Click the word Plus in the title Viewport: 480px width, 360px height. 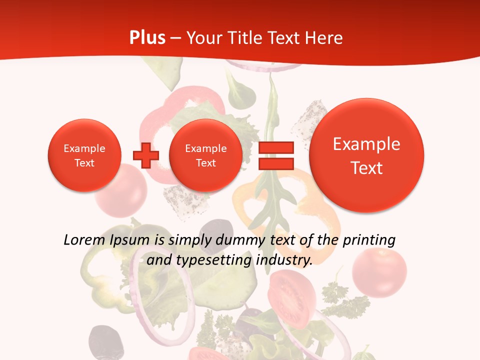tap(147, 38)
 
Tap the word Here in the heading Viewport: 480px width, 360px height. tap(325, 38)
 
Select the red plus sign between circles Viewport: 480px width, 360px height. tap(145, 155)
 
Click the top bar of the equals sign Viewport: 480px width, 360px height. tap(276, 147)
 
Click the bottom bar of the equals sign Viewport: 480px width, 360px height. tap(276, 163)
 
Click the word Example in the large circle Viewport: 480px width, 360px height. tap(366, 144)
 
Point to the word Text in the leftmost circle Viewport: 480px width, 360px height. tap(84, 163)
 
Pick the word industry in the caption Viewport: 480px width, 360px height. tap(283, 260)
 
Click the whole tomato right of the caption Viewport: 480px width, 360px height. tap(379, 272)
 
